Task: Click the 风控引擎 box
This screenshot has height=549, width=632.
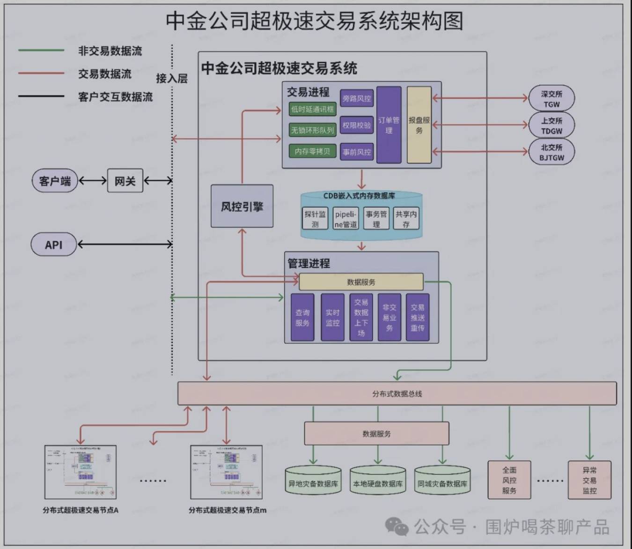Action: [242, 206]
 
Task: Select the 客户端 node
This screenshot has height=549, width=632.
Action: [54, 181]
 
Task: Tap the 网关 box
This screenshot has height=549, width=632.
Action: [125, 181]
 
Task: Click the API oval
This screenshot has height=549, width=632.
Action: [53, 245]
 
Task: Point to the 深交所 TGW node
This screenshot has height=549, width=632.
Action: [551, 98]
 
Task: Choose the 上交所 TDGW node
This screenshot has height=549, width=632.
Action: [551, 125]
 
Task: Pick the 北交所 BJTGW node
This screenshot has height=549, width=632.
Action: [551, 152]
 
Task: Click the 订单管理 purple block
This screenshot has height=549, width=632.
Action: [389, 125]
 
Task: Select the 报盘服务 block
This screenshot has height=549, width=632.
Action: [419, 125]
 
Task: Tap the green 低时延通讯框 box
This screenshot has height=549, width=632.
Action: [312, 109]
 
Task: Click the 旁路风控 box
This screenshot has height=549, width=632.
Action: [356, 98]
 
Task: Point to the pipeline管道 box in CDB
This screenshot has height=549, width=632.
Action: [345, 219]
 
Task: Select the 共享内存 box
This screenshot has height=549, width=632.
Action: [405, 219]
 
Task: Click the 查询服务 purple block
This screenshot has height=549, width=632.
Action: [302, 317]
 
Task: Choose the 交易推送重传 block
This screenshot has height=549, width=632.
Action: [417, 317]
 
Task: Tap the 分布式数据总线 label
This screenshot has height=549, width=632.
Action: [397, 393]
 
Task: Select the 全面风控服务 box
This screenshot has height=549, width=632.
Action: [509, 480]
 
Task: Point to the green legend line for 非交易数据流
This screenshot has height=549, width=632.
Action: [41, 50]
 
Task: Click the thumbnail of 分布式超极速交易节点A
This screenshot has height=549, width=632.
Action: [80, 472]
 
